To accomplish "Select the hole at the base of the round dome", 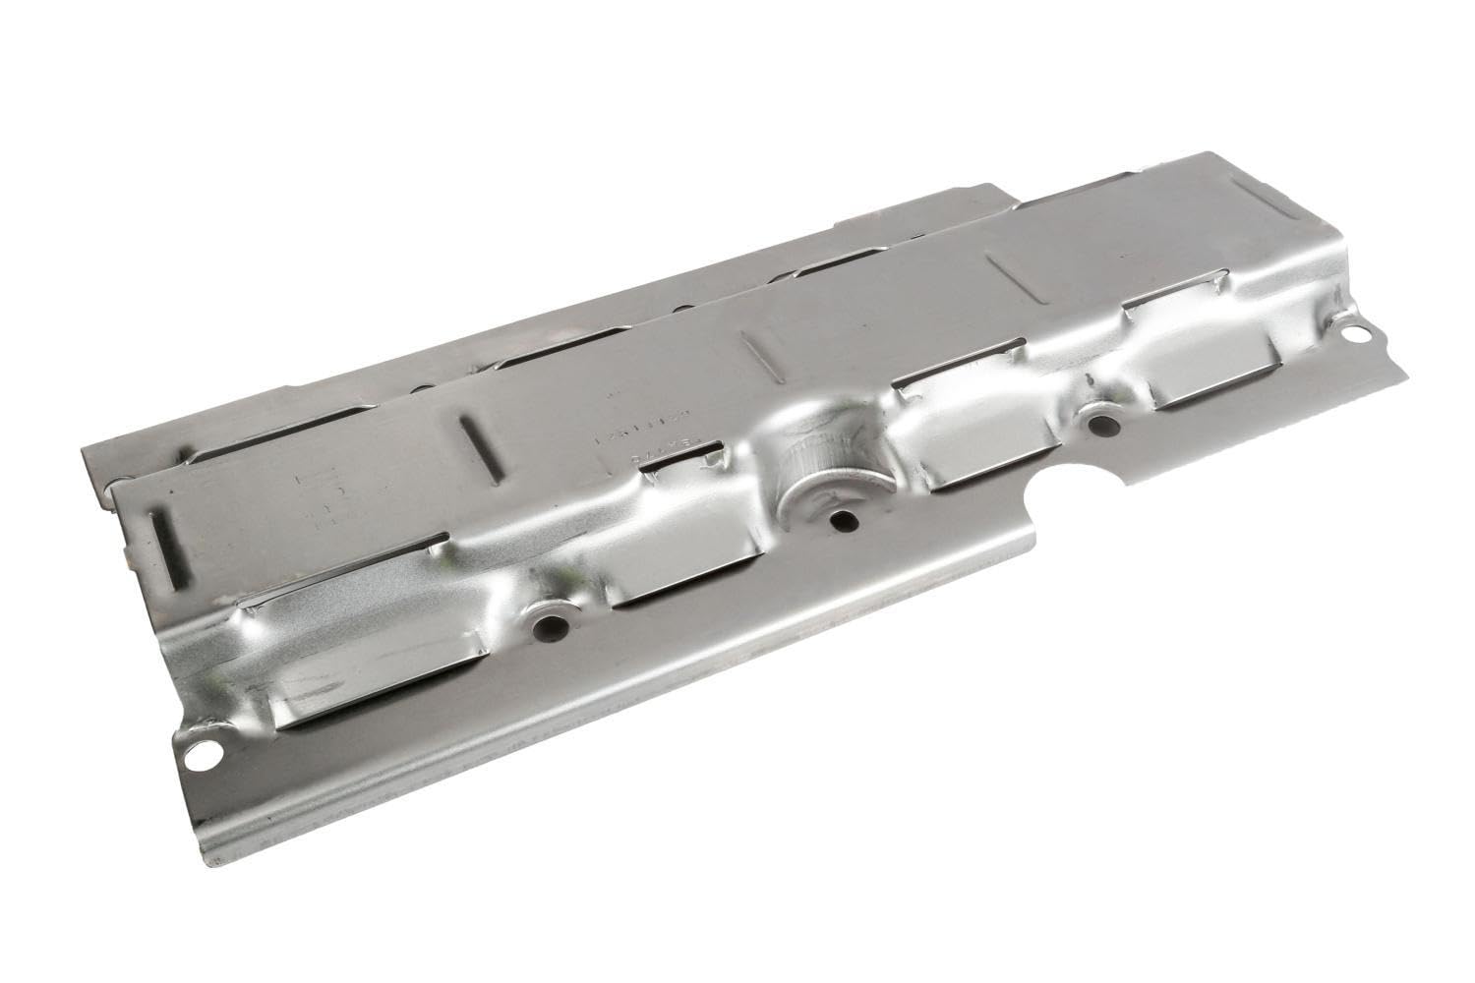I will (838, 521).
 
